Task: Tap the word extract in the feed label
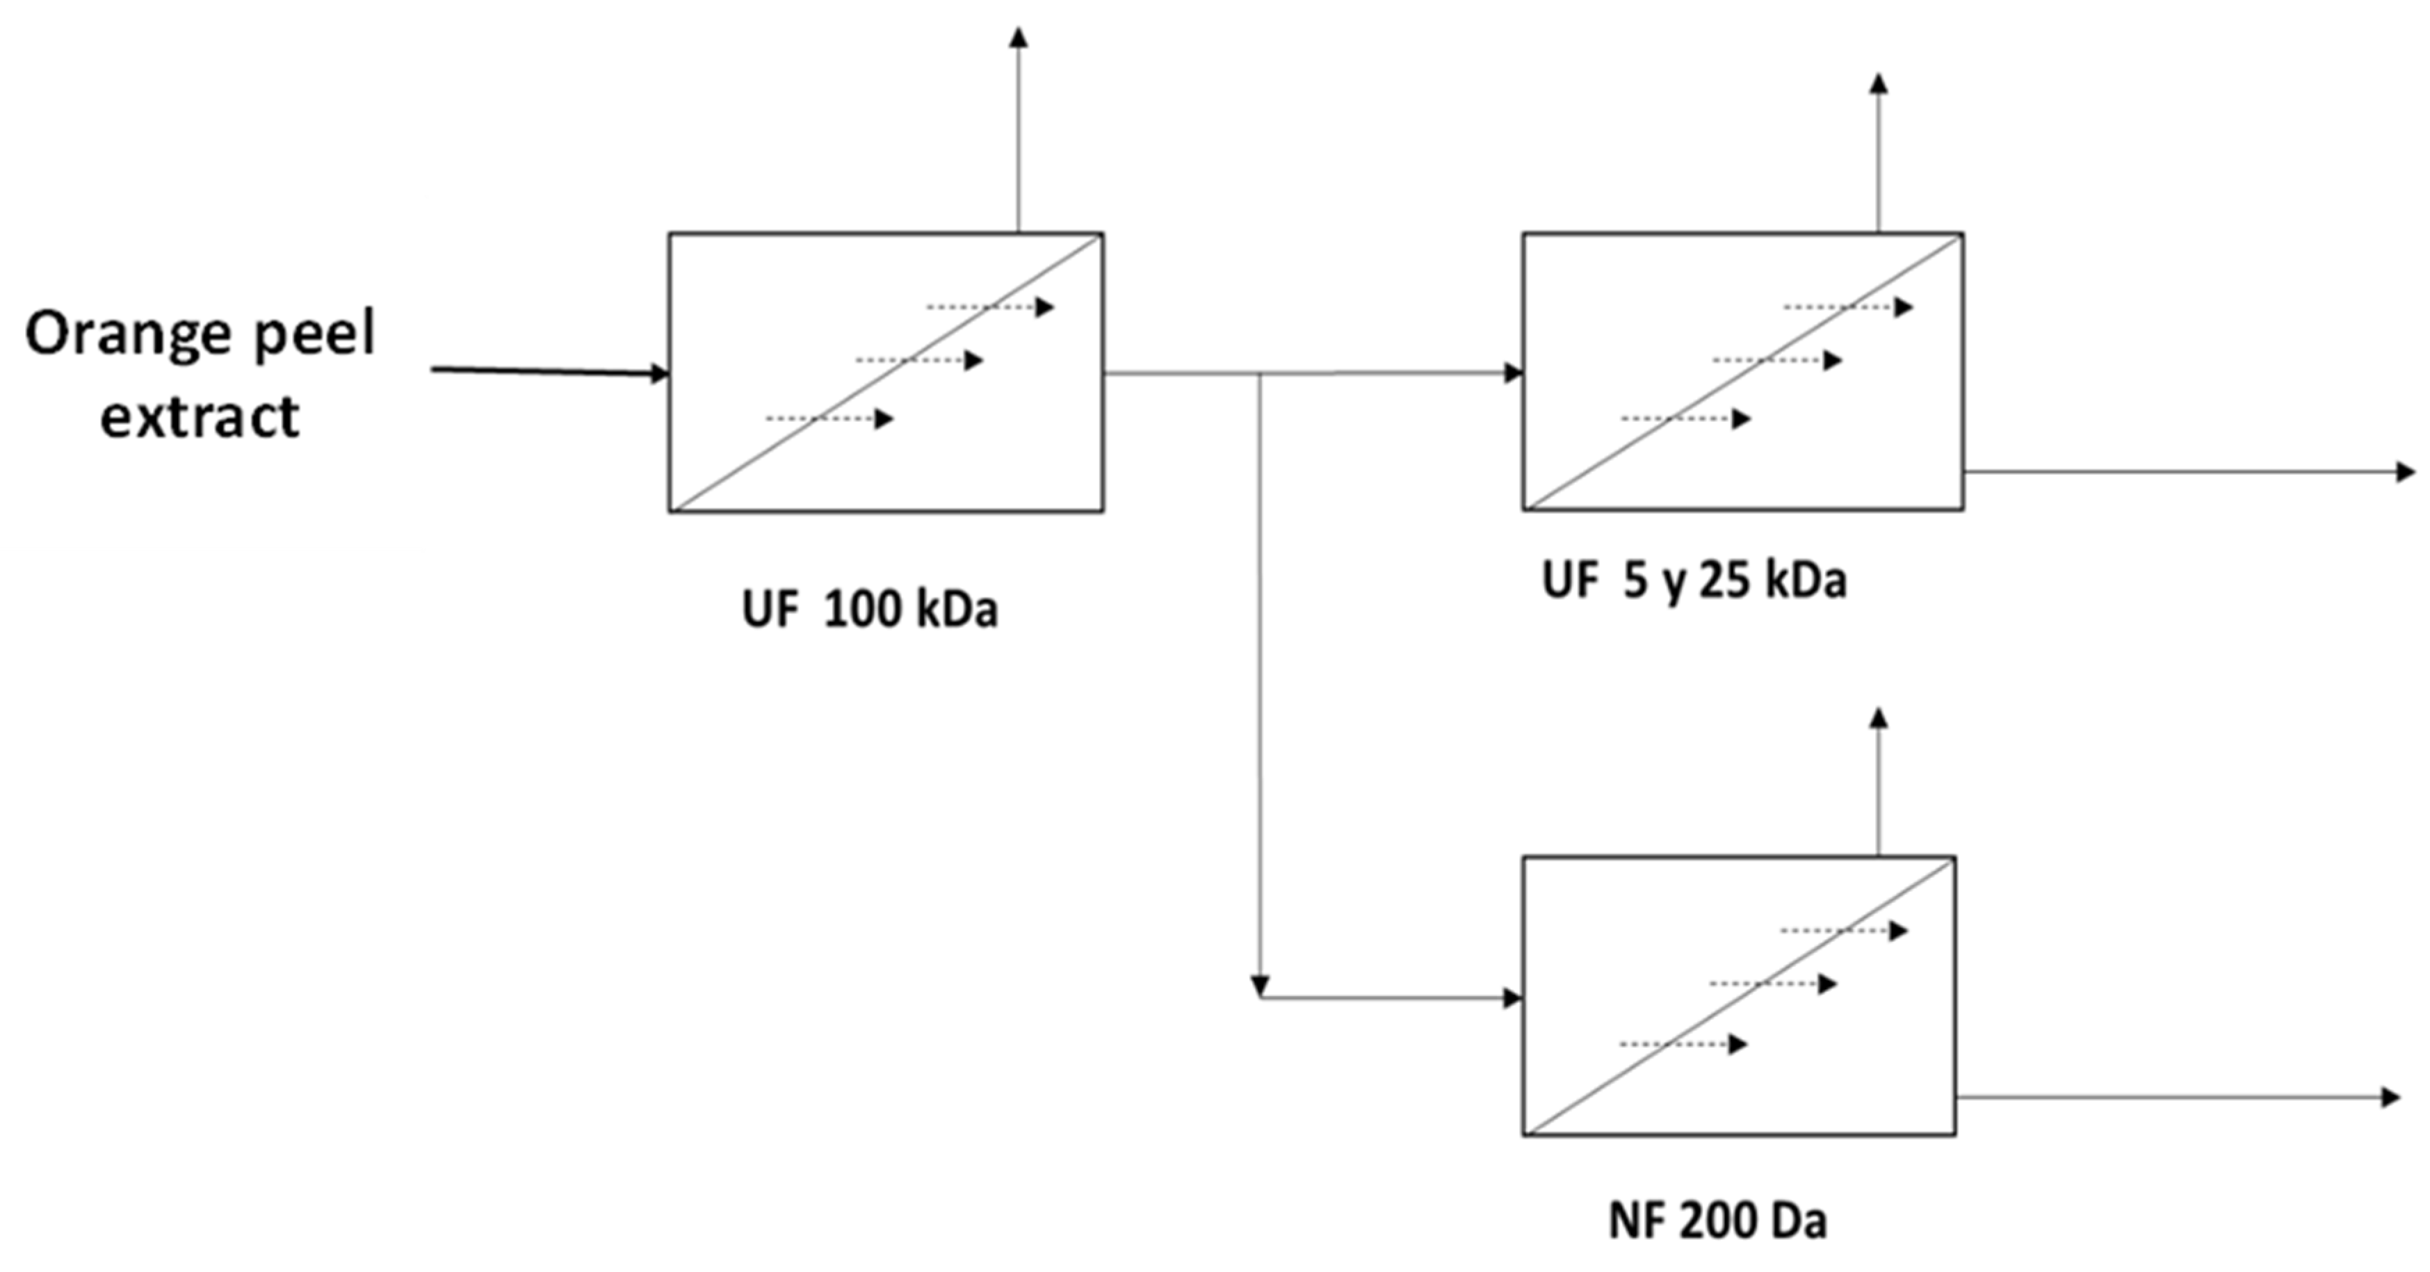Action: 200,416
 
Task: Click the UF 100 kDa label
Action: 870,610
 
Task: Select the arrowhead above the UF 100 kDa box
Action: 1018,37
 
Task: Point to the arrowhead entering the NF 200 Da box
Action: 1513,997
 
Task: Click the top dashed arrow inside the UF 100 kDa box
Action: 991,307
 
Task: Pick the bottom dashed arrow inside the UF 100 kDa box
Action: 829,418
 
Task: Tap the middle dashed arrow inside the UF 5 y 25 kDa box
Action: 1777,360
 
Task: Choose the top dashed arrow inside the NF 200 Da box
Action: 1844,931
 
